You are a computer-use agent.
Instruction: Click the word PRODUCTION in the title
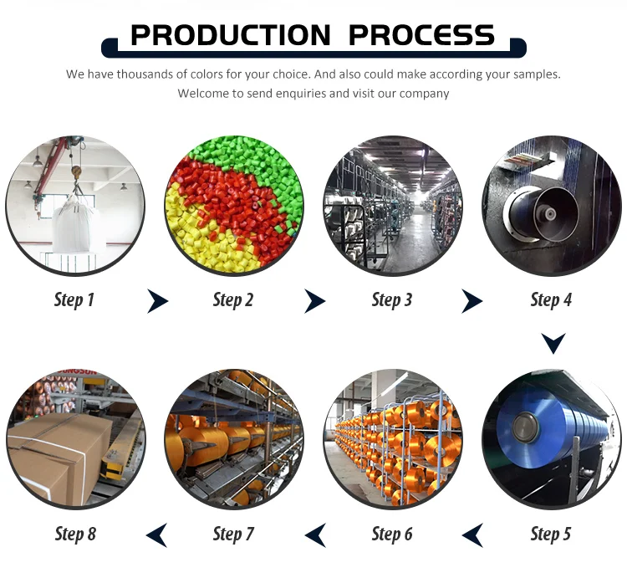pos(231,35)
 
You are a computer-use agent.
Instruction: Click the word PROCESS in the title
pos(422,35)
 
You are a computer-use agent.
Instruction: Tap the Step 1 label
pos(74,300)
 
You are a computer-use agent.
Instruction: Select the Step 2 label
pos(233,300)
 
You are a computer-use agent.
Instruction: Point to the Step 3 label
pos(392,300)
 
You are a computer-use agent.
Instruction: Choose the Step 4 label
pos(551,300)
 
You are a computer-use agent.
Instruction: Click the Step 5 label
pos(551,534)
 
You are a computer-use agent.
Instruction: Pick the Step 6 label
pos(392,534)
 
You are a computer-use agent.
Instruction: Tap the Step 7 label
pos(233,534)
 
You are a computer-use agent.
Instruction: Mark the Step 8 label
pos(75,534)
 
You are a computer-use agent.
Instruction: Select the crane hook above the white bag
pos(76,173)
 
